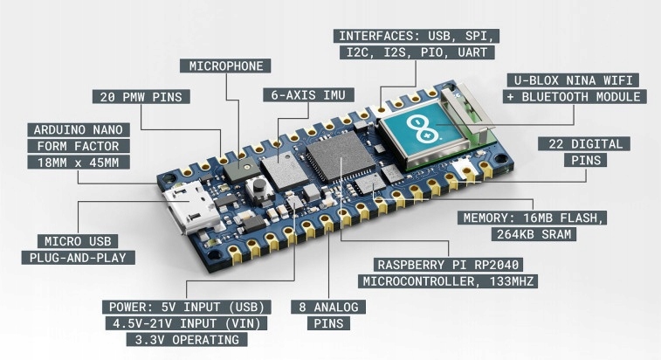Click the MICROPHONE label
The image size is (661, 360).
tap(226, 66)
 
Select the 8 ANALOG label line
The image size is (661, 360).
tap(328, 307)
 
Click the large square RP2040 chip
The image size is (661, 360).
tap(336, 162)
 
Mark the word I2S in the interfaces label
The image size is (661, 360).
tap(389, 52)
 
